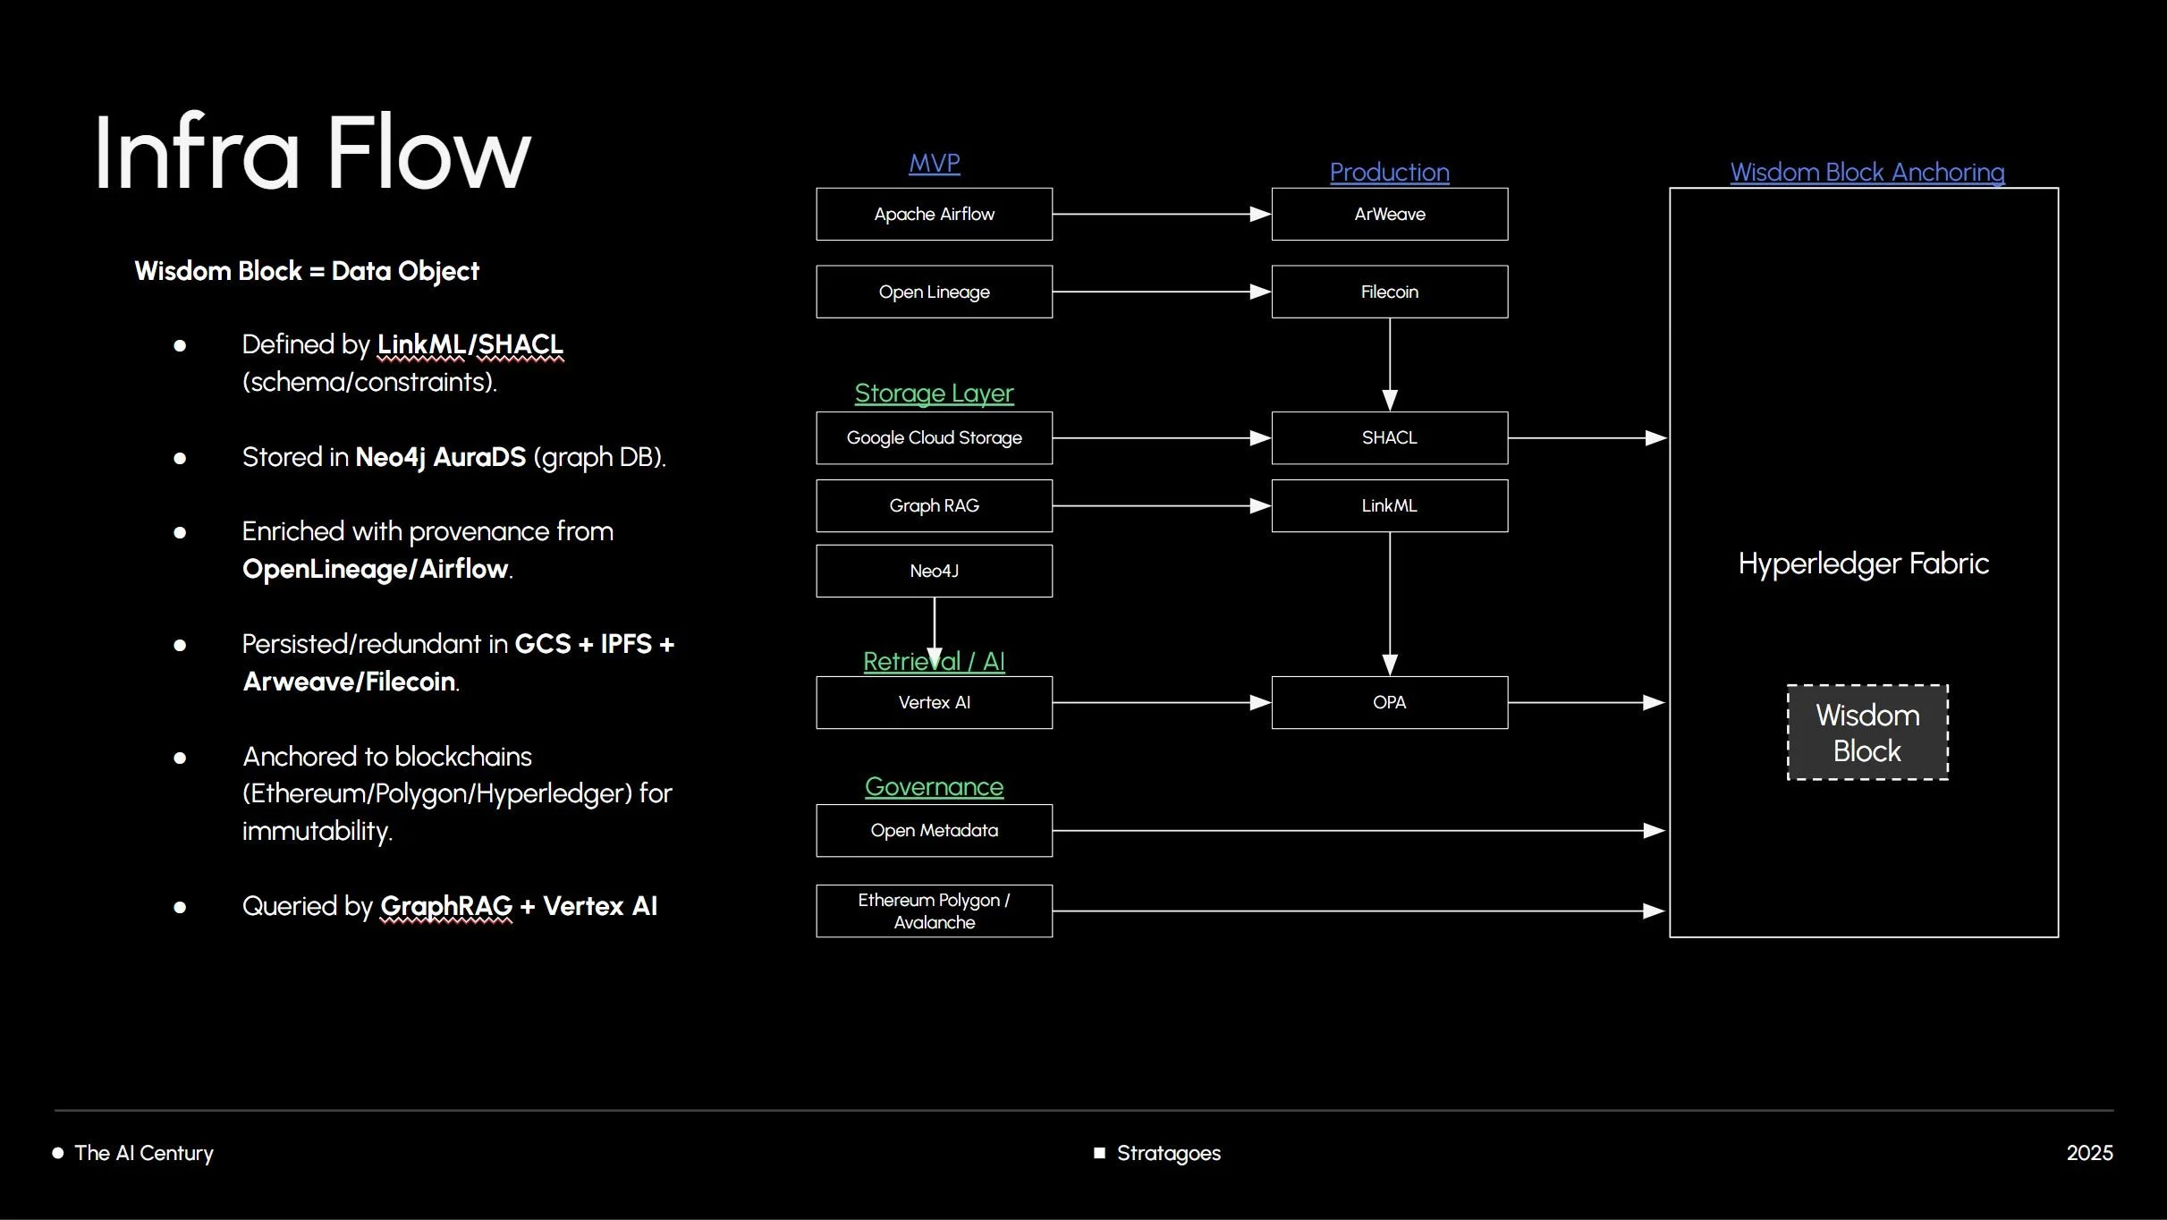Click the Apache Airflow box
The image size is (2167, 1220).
point(934,214)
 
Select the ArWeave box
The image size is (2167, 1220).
point(1389,214)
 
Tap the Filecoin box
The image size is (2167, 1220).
point(1389,292)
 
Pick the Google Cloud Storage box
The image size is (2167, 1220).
point(934,437)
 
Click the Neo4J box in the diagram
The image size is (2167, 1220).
point(934,571)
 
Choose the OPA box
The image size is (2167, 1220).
point(1389,702)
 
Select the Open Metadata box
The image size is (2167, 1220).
point(934,830)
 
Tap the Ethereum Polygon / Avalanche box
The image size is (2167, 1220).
point(934,911)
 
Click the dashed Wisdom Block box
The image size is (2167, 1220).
point(1867,733)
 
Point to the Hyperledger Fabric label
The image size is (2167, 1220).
point(1863,563)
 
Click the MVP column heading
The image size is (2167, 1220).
point(934,163)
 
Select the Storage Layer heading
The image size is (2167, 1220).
point(934,393)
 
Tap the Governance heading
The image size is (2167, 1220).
point(934,786)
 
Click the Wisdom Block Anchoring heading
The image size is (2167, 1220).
point(1866,172)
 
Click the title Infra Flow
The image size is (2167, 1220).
point(312,152)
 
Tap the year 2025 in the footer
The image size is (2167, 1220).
point(2089,1153)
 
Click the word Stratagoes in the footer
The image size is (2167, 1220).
point(1168,1153)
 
